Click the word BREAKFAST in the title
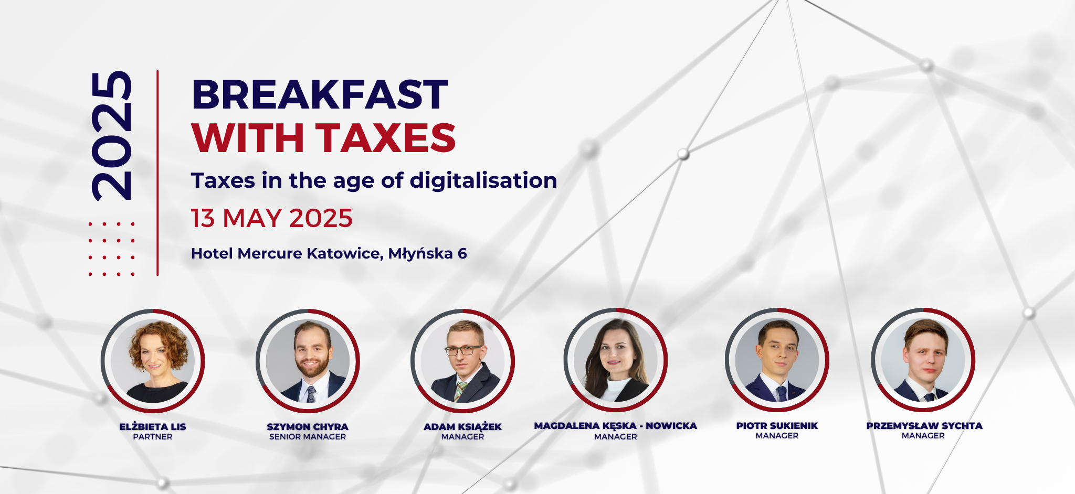pos(320,94)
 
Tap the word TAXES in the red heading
pos(386,138)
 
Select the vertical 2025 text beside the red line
pos(111,136)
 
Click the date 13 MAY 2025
pos(271,218)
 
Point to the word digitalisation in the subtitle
pos(483,180)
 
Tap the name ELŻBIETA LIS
pos(153,426)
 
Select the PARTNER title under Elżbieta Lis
pos(153,436)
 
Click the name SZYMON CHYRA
pos(308,427)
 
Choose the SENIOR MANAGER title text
pos(308,436)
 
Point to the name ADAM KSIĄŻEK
pos(462,427)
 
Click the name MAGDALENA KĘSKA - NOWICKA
pos(616,426)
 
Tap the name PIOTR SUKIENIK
pos(777,426)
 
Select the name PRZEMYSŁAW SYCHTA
pos(924,426)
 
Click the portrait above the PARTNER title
pos(153,361)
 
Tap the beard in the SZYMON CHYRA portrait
pos(312,367)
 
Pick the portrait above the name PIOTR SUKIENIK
pos(777,360)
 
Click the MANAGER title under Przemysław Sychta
pos(923,435)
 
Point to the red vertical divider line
pos(157,173)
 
